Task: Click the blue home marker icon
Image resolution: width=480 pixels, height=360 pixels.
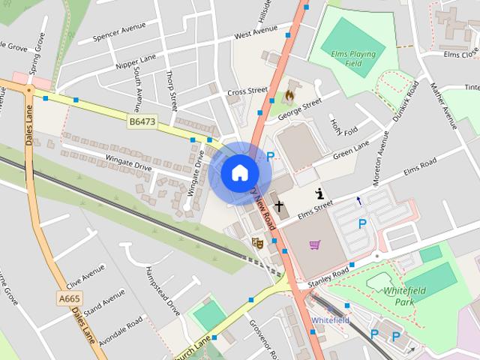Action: click(x=239, y=172)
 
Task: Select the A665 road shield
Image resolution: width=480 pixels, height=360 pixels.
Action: click(x=69, y=298)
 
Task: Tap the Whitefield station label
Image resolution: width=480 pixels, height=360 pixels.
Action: click(x=330, y=320)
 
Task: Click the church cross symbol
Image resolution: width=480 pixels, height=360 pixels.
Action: click(x=279, y=205)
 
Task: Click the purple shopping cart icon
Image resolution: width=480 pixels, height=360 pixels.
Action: click(x=314, y=244)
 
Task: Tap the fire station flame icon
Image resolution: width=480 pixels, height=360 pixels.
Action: click(x=289, y=96)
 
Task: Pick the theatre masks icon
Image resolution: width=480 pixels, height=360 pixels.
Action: click(x=257, y=242)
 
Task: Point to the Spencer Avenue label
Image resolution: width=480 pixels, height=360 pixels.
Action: click(x=118, y=36)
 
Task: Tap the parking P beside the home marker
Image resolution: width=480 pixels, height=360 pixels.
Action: click(x=270, y=157)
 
